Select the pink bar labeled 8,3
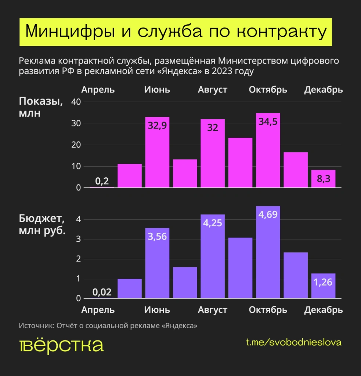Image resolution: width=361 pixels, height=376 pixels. pyautogui.click(x=323, y=179)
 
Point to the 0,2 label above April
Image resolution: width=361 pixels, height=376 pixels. pyautogui.click(x=102, y=181)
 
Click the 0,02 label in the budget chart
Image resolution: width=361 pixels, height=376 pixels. pyautogui.click(x=102, y=292)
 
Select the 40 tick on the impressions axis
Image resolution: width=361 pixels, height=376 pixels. pyautogui.click(x=76, y=102)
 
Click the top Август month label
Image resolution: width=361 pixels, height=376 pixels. pyautogui.click(x=213, y=90)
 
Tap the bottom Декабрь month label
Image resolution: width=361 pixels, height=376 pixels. pyautogui.click(x=323, y=310)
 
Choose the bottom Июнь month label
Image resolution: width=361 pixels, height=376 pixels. pyautogui.click(x=157, y=310)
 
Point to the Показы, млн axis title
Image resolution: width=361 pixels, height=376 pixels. pyautogui.click(x=41, y=107)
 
